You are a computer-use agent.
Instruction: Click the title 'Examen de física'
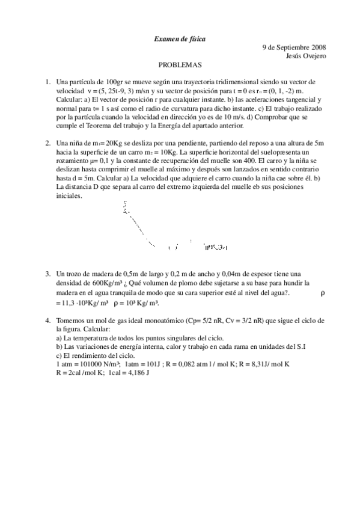[x=180, y=39]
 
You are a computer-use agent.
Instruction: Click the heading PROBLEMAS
[x=180, y=65]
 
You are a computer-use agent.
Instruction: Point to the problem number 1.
[x=47, y=82]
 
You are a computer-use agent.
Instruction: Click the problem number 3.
[x=47, y=274]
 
